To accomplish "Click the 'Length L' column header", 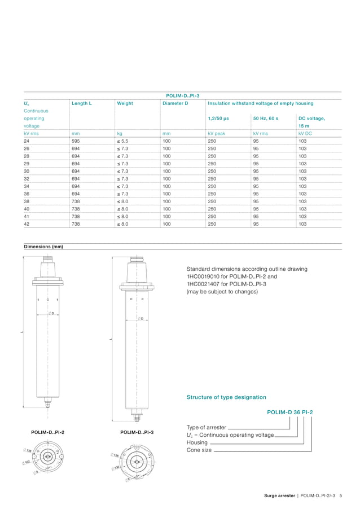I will click(82, 103).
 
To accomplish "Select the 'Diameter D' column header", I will click(175, 103).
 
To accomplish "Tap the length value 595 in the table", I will click(75, 141).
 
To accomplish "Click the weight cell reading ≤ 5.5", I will click(124, 141).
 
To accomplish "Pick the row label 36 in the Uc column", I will click(27, 194).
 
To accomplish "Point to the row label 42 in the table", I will click(27, 224).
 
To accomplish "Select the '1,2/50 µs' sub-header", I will click(218, 119).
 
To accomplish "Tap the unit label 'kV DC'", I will click(305, 133).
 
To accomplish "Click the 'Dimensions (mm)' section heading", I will click(43, 247).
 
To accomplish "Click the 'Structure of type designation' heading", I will click(226, 397).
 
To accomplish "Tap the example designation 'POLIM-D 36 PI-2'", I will click(289, 412).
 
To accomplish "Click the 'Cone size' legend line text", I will click(199, 450).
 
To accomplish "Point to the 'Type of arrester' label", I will click(207, 427).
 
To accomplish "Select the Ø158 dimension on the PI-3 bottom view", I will click(115, 455).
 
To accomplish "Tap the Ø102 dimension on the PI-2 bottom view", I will click(27, 462).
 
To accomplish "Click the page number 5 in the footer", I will click(341, 495).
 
